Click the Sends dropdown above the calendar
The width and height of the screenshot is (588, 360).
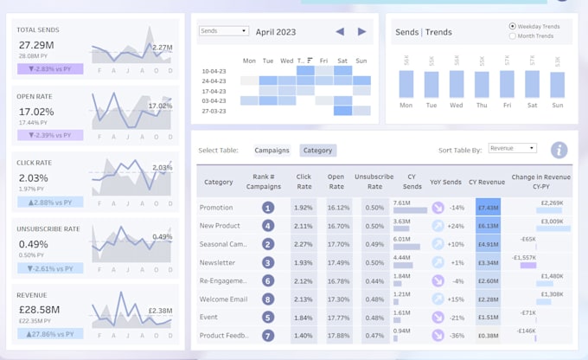coord(223,31)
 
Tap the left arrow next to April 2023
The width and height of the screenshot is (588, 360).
coord(340,32)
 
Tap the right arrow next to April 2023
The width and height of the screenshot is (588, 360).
coord(361,32)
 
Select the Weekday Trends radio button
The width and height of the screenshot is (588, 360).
coord(513,26)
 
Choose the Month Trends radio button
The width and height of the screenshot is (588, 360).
coord(513,36)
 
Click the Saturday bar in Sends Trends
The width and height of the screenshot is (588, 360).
coord(532,84)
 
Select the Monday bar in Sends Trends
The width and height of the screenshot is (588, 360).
coord(406,84)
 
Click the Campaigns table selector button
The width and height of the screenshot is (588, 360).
coord(272,151)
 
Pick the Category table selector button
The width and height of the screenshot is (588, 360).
coord(317,151)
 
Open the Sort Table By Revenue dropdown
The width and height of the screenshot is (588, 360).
coord(512,149)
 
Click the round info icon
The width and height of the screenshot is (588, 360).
coord(559,150)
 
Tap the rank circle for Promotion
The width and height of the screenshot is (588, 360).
coord(268,208)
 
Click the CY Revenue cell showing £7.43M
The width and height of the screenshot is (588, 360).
coord(488,208)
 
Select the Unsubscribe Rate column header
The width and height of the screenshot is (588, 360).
coord(374,183)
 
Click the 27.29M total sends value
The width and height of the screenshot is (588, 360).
coord(35,45)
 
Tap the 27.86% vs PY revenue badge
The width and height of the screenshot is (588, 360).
coord(49,333)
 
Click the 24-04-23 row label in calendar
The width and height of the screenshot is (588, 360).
coord(214,80)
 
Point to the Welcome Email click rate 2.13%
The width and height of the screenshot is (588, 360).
coord(303,299)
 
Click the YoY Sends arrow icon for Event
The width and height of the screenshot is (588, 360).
coord(438,317)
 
